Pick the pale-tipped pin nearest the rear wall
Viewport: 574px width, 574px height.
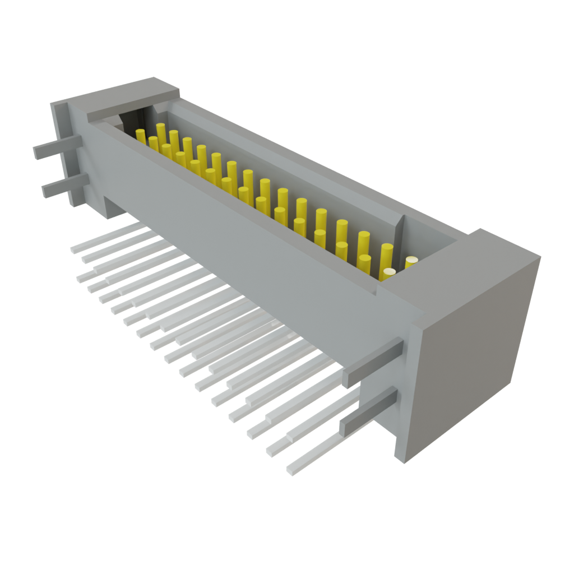coord(411,261)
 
